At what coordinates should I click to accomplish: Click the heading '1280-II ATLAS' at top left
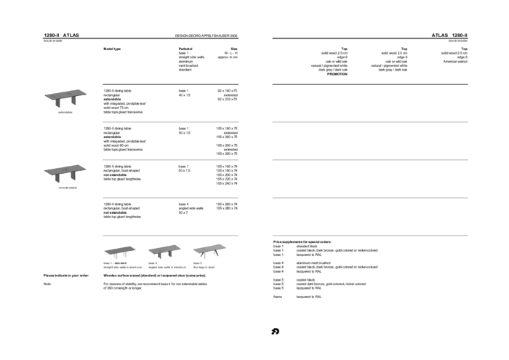point(61,35)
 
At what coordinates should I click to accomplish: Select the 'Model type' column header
point(112,49)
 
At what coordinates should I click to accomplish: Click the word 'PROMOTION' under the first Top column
point(337,74)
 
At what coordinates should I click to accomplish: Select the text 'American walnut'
point(455,62)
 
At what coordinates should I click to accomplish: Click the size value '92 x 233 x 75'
point(227,99)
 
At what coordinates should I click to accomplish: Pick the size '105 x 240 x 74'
point(226,183)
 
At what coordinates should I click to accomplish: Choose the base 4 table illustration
point(164,251)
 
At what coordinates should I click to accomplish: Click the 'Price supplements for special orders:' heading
point(302,241)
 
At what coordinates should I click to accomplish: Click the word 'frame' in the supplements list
point(277,297)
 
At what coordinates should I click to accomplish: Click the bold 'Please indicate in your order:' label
point(66,276)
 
